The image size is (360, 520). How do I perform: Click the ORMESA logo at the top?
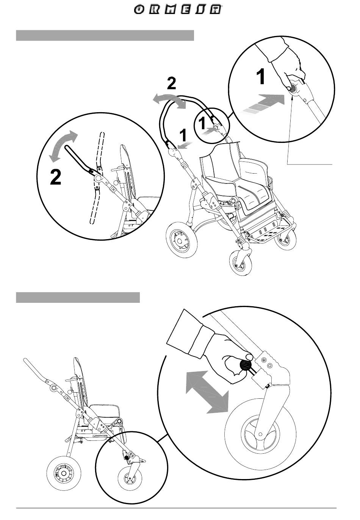click(178, 10)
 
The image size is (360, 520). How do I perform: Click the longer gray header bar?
click(105, 35)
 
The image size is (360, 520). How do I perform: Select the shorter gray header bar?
click(78, 298)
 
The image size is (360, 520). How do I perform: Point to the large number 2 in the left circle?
click(55, 177)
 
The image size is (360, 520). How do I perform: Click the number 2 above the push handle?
click(172, 83)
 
